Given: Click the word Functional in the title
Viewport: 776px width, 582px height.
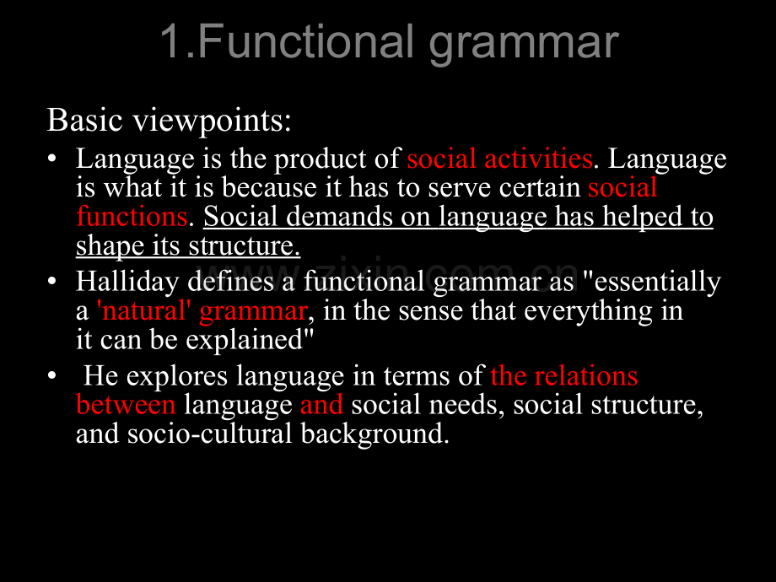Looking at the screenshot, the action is pos(305,41).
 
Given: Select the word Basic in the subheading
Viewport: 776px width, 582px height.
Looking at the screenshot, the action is pos(84,120).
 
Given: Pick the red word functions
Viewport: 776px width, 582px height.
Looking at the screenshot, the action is pos(132,217).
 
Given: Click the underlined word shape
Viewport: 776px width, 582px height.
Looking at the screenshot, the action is pos(110,246).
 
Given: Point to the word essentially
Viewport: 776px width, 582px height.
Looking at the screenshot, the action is pos(657,282).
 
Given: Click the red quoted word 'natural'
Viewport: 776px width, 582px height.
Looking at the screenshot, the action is pos(144,311).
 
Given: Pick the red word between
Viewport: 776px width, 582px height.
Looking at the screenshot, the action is pos(126,405).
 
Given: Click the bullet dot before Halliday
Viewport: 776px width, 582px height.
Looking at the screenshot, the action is pos(52,281).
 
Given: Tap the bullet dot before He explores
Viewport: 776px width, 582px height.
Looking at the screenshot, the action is pos(52,375).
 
